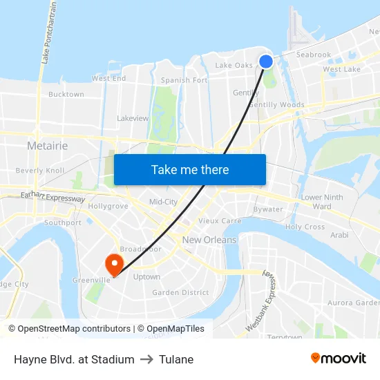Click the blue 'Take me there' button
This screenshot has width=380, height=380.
[190, 169]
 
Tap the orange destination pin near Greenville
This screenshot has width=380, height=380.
[113, 263]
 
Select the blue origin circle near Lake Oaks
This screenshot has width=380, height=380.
[266, 61]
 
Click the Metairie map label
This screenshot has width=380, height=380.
[47, 146]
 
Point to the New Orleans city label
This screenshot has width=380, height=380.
[209, 240]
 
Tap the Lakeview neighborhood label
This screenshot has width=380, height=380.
[133, 118]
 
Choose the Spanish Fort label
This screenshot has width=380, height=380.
[184, 80]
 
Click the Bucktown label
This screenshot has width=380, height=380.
[66, 94]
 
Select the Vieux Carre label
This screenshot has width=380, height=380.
[220, 221]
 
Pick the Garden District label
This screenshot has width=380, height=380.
[180, 292]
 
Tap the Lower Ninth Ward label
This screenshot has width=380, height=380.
[322, 202]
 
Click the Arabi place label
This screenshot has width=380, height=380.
[339, 235]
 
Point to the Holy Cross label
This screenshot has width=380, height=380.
[305, 227]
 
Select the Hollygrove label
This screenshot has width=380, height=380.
[108, 206]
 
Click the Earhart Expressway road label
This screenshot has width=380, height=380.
[53, 198]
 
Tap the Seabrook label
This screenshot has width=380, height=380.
[314, 55]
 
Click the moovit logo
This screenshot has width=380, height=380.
[339, 358]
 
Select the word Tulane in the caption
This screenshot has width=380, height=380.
[176, 359]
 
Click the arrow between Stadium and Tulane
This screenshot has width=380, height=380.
[146, 359]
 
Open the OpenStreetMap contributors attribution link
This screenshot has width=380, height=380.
[74, 329]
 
